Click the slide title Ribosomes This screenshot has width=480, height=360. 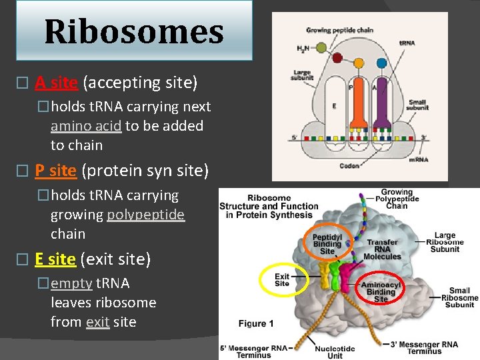tap(133, 32)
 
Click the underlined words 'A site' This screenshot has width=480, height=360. tap(56, 83)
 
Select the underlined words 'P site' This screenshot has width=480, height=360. tap(55, 171)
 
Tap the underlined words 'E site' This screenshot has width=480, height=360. tap(55, 259)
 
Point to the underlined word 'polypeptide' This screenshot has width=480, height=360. tap(145, 215)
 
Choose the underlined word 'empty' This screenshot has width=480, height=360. tap(71, 283)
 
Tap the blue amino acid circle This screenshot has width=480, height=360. tap(381, 63)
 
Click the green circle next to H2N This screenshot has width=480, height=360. tap(321, 48)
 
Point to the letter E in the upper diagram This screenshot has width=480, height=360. tap(333, 105)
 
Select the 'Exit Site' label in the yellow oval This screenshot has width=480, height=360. tap(283, 280)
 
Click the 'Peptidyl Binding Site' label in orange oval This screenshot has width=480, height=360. tap(327, 244)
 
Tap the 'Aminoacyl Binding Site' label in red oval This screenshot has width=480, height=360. tap(381, 292)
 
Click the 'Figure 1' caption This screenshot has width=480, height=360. tap(256, 324)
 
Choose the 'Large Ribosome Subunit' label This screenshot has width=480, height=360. tap(445, 242)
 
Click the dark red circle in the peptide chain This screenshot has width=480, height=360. tap(337, 58)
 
